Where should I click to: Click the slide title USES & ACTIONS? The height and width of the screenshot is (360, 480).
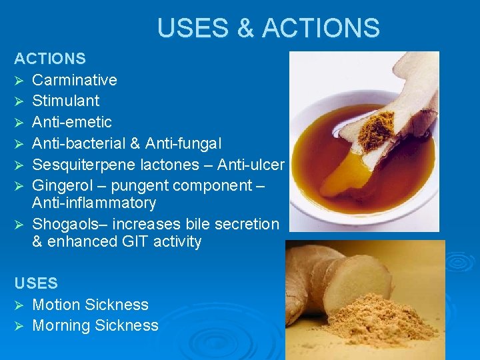pyautogui.click(x=268, y=28)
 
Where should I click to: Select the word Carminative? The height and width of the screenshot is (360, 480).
pyautogui.click(x=75, y=80)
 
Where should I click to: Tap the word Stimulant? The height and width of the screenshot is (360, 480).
pyautogui.click(x=66, y=101)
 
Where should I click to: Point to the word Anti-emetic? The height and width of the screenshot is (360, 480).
pyautogui.click(x=72, y=122)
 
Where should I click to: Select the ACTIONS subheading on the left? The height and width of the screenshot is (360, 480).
pyautogui.click(x=50, y=59)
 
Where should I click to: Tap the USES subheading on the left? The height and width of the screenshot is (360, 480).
pyautogui.click(x=36, y=283)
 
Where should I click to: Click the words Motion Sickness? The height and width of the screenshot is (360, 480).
pyautogui.click(x=90, y=305)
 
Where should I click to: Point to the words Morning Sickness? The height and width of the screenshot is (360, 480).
pyautogui.click(x=95, y=325)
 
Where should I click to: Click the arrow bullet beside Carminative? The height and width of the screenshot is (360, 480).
pyautogui.click(x=19, y=81)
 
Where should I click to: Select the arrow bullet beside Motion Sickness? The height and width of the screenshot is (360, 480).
pyautogui.click(x=19, y=305)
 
